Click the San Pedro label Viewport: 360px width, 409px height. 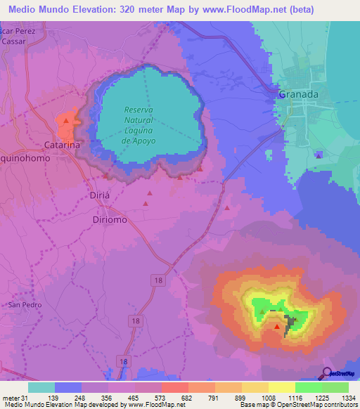25,305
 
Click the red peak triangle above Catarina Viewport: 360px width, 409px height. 65,121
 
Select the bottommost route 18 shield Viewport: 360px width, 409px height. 124,361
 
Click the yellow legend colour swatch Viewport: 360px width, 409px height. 282,387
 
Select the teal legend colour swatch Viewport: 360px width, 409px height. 41,387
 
